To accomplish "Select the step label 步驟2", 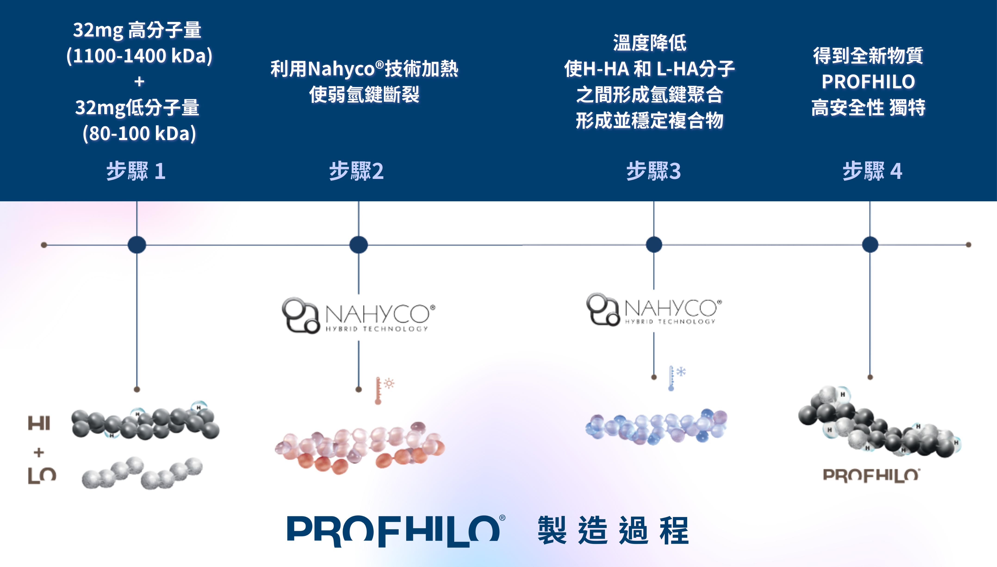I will [356, 171].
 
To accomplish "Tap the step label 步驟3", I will [654, 171].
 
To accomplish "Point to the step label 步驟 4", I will [872, 171].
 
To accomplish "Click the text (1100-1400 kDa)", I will [139, 56].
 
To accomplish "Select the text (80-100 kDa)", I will [139, 134].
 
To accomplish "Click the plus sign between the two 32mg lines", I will [139, 81].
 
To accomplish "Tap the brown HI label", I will [39, 423].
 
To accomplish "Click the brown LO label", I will [42, 475].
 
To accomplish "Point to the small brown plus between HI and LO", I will [39, 452].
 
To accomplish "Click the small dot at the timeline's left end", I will [44, 245].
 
